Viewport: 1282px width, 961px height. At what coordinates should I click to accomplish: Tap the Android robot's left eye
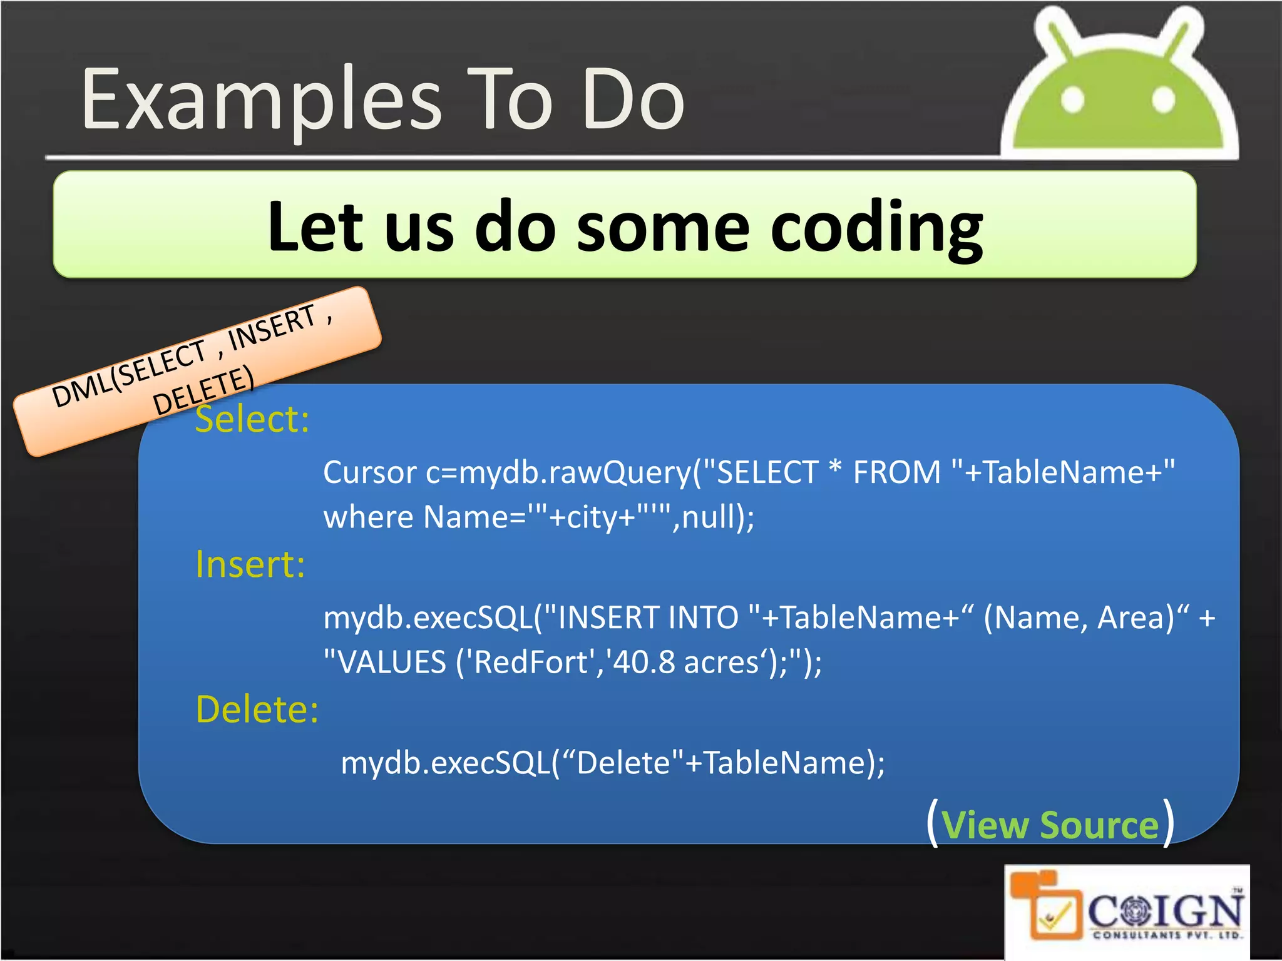point(1072,100)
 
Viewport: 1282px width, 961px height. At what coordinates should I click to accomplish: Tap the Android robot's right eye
point(1163,100)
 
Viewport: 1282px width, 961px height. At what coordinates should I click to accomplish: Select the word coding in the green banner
point(876,228)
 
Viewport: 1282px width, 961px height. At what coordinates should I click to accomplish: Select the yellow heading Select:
point(252,419)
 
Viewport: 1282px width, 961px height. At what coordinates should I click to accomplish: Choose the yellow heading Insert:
point(250,564)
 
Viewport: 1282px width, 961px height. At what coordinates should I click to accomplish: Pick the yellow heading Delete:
point(257,709)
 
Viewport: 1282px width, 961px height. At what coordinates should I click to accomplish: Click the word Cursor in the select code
point(369,472)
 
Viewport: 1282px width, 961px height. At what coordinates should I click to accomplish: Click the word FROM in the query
point(896,472)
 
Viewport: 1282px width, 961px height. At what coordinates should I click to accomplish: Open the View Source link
point(1050,825)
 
